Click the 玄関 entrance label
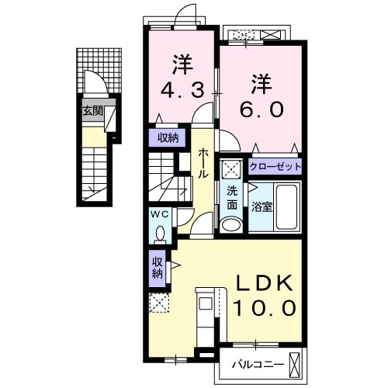93,111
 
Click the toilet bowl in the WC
161,232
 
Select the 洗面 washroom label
232,199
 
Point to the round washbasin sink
231,223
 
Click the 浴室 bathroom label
261,207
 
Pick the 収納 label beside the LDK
157,267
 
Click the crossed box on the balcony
296,362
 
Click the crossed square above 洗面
231,171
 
